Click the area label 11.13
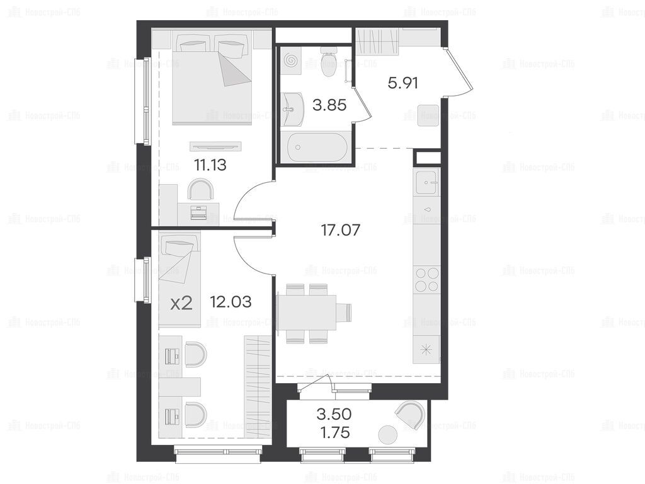pyautogui.click(x=210, y=166)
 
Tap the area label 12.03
pyautogui.click(x=231, y=302)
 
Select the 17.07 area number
pyautogui.click(x=340, y=230)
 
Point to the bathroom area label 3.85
pyautogui.click(x=329, y=105)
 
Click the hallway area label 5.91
pyautogui.click(x=402, y=83)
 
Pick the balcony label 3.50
pyautogui.click(x=334, y=414)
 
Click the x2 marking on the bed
pyautogui.click(x=181, y=304)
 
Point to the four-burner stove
pyautogui.click(x=426, y=279)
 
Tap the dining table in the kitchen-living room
pyautogui.click(x=307, y=313)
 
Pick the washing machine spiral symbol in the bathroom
pyautogui.click(x=291, y=60)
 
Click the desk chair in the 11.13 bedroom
pyautogui.click(x=200, y=189)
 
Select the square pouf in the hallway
pyautogui.click(x=428, y=115)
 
